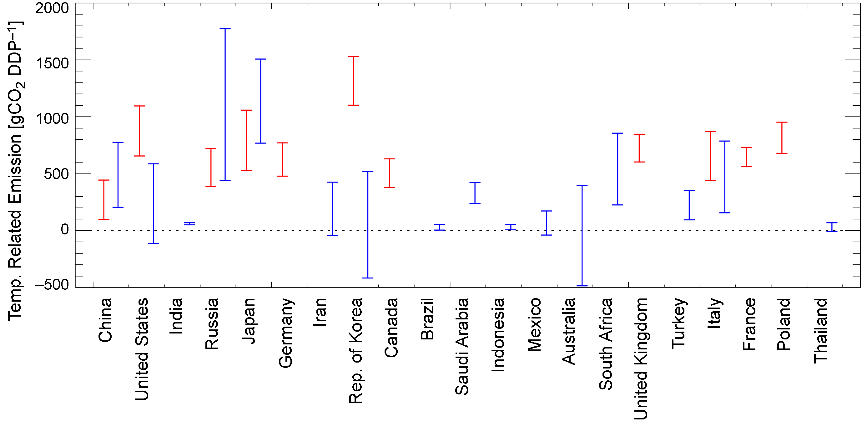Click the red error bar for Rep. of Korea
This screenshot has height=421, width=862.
354,81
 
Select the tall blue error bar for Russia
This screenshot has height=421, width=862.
225,104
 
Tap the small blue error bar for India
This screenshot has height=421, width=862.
189,224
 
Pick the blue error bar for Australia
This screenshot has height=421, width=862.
582,235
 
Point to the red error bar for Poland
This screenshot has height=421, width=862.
782,138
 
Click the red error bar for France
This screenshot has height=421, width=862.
746,157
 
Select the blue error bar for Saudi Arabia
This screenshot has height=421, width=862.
475,193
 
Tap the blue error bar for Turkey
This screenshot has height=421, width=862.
689,205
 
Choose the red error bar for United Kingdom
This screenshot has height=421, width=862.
639,148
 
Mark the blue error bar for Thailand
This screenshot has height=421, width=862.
832,227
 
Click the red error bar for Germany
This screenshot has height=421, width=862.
282,159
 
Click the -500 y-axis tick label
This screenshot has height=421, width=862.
52,284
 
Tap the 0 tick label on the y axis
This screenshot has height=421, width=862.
65,229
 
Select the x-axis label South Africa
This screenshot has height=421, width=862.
605,344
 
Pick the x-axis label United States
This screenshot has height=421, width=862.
142,349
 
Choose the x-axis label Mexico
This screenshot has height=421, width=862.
534,325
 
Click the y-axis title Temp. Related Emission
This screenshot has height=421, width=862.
15,171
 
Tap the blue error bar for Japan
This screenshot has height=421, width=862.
261,101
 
